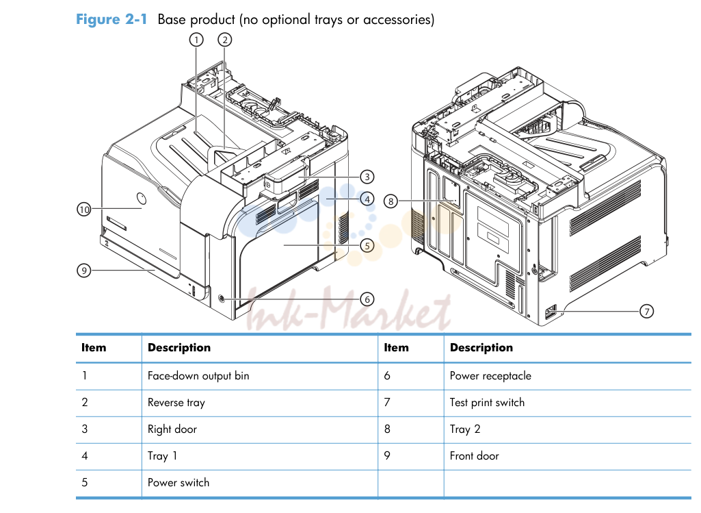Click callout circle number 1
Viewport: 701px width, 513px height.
tap(196, 40)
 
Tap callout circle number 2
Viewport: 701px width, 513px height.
tap(225, 40)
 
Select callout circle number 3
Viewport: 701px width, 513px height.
tap(367, 177)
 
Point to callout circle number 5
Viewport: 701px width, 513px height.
tap(367, 245)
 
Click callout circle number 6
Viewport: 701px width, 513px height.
tap(367, 299)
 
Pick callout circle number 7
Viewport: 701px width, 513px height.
tap(646, 311)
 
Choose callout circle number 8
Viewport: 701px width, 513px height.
tap(391, 201)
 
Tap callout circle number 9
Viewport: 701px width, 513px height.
tap(84, 271)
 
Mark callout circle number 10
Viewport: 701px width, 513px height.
tap(84, 209)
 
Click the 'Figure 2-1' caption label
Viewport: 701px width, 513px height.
tap(111, 19)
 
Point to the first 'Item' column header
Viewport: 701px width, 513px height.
tap(94, 348)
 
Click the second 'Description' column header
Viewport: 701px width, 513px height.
tap(481, 348)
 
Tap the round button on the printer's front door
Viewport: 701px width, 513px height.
tap(141, 199)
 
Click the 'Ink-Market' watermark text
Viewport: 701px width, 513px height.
tap(349, 309)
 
